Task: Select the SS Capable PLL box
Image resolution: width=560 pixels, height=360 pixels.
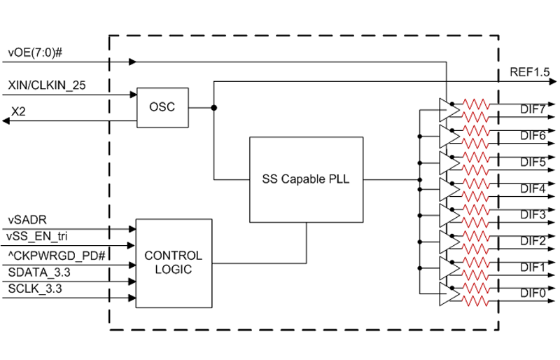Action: pyautogui.click(x=306, y=179)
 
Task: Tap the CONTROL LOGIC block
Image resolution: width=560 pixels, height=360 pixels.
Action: pyautogui.click(x=173, y=263)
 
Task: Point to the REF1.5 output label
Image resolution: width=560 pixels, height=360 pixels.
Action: pyautogui.click(x=531, y=72)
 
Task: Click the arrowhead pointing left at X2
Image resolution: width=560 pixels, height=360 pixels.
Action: pyautogui.click(x=7, y=121)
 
